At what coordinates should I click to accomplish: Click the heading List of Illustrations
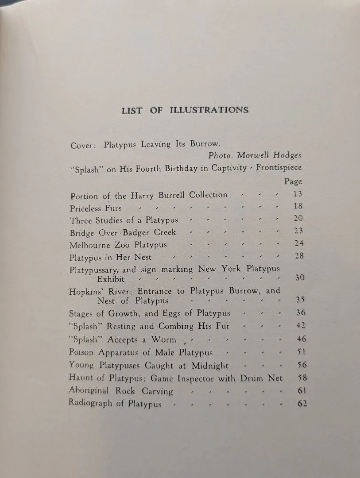[185, 110]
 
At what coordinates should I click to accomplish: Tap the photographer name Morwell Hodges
[269, 155]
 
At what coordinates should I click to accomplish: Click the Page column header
[293, 181]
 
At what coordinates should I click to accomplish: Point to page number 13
[298, 194]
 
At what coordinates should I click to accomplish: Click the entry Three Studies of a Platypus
[124, 220]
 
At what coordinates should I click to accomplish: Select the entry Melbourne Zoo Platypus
[118, 244]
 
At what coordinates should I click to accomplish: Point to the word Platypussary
[94, 270]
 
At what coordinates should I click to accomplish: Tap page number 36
[300, 312]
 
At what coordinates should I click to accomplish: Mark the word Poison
[82, 352]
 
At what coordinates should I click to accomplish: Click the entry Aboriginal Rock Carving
[121, 391]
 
